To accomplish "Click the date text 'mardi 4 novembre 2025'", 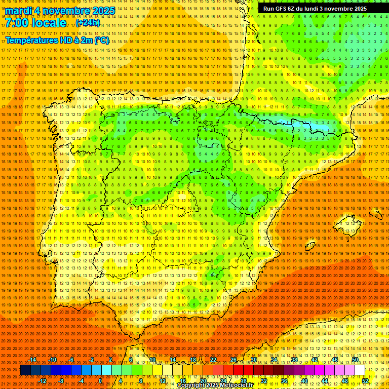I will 60,11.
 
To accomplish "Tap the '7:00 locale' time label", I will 35,23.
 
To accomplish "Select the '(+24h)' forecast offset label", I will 88,23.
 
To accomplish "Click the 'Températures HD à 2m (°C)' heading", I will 57,40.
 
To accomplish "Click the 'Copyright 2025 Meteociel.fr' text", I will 222,385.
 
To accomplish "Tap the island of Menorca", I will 375,214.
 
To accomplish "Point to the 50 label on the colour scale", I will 355,360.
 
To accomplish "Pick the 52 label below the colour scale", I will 365,381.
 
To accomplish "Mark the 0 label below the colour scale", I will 101,381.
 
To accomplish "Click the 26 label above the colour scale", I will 234,360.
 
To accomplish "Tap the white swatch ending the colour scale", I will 360,370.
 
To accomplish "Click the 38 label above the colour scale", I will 294,360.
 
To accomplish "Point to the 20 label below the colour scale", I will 203,381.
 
